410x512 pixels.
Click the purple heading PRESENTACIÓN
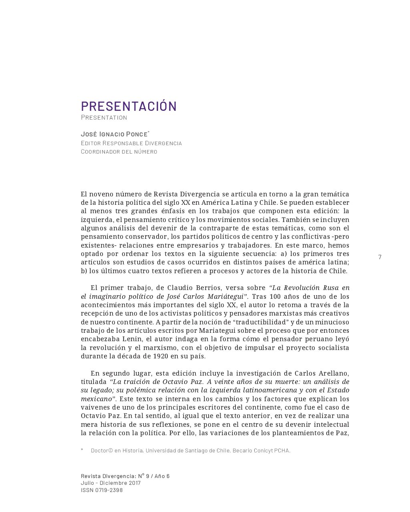click(129, 106)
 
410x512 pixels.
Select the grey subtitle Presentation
click(104, 118)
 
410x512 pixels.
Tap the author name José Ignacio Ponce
click(114, 134)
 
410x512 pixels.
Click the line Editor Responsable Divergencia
click(131, 143)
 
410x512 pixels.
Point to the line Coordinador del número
click(119, 152)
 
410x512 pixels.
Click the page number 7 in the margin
click(380, 257)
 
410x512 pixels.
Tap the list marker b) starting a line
click(84, 271)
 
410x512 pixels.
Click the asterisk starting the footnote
click(82, 450)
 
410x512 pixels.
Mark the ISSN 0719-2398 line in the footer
click(102, 490)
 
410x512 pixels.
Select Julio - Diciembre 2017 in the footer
click(111, 483)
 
